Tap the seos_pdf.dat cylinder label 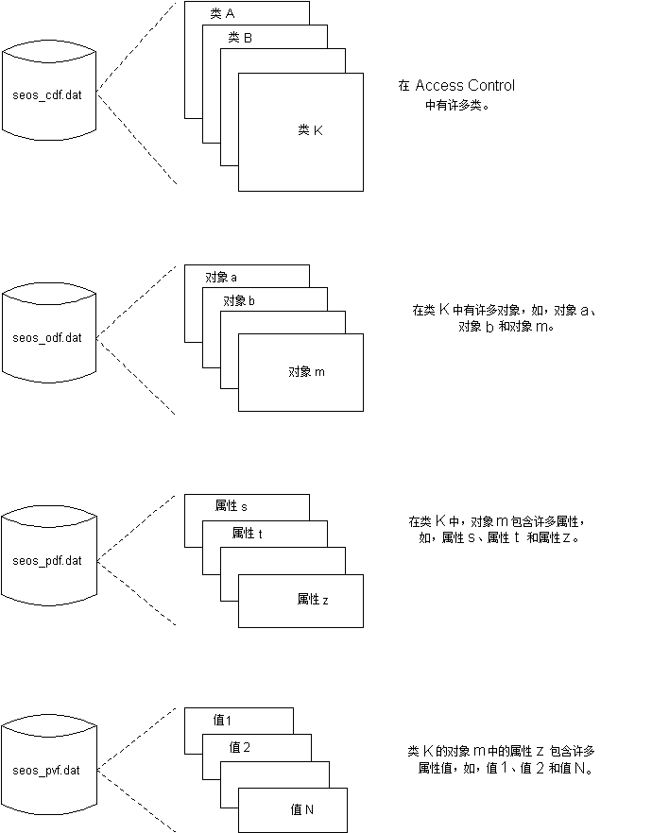tap(47, 561)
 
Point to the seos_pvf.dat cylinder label tap(47, 771)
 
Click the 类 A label tap(222, 13)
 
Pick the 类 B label tap(240, 38)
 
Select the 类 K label tap(310, 130)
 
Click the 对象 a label tap(221, 278)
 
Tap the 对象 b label tap(239, 301)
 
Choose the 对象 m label tap(306, 372)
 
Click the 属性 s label tap(232, 507)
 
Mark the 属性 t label tap(247, 534)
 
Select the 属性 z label tap(313, 599)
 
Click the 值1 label tap(223, 722)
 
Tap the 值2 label tap(240, 748)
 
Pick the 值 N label tap(301, 809)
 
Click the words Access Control tap(465, 86)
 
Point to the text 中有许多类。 tap(456, 106)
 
